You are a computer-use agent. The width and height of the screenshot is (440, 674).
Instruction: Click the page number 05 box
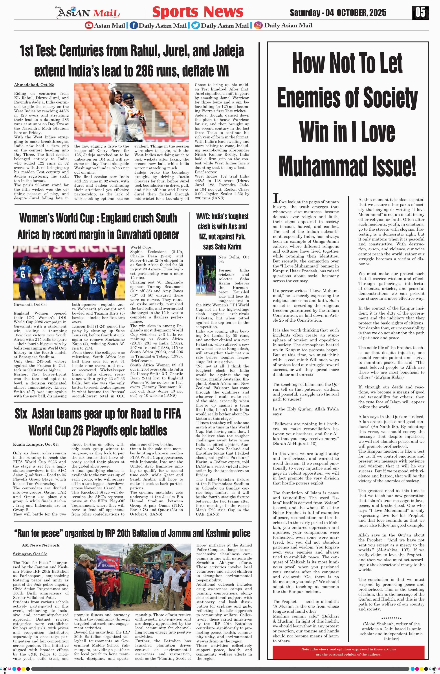[420, 13]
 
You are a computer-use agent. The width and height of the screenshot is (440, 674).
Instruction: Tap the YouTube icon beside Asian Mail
[89, 26]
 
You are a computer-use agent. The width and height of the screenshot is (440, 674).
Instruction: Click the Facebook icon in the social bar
[134, 26]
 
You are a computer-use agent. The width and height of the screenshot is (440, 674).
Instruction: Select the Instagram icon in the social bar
[258, 26]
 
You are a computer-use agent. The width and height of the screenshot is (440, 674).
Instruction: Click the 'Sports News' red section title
[198, 12]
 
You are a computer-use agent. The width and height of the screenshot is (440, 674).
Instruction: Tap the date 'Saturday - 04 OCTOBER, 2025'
[338, 13]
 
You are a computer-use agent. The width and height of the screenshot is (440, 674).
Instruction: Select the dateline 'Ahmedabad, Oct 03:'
[34, 85]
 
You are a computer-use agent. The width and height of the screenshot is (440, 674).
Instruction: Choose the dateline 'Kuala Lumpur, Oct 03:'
[36, 444]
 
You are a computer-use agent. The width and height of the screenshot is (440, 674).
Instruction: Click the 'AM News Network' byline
[40, 545]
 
